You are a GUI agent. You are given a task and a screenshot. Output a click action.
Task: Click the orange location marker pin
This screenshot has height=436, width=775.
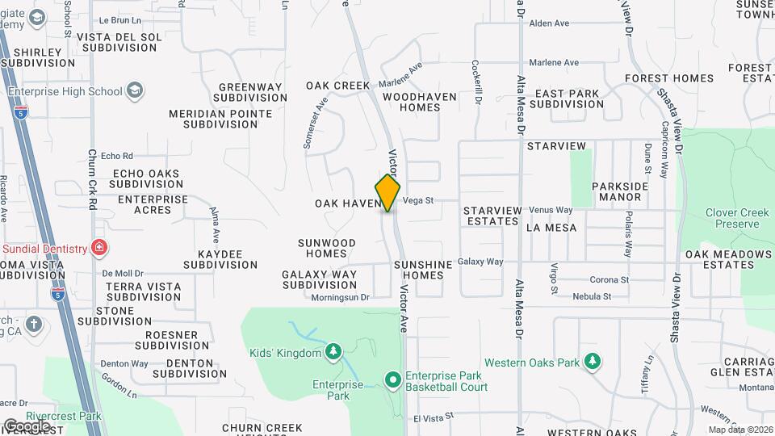388,193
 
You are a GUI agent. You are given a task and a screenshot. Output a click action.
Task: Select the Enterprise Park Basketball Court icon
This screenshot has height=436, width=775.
393,379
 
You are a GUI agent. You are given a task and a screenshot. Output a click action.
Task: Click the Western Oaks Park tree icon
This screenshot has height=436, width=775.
593,360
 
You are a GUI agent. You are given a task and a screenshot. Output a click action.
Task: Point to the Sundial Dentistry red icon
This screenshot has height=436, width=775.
98,247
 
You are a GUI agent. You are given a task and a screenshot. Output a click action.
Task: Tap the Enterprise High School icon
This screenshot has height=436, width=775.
134,90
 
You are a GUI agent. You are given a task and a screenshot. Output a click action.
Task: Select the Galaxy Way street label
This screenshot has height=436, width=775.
480,262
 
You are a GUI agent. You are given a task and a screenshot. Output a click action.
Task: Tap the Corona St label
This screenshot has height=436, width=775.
609,279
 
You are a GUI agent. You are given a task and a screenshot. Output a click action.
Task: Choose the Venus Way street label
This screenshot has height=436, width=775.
551,210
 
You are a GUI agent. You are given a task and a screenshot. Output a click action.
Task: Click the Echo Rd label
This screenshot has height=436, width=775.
117,156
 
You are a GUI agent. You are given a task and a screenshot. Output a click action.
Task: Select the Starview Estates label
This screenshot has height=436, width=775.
491,216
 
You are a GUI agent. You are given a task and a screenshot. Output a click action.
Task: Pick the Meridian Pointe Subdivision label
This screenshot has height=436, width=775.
220,119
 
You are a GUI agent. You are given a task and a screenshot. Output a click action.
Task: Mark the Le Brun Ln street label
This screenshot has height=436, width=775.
125,19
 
